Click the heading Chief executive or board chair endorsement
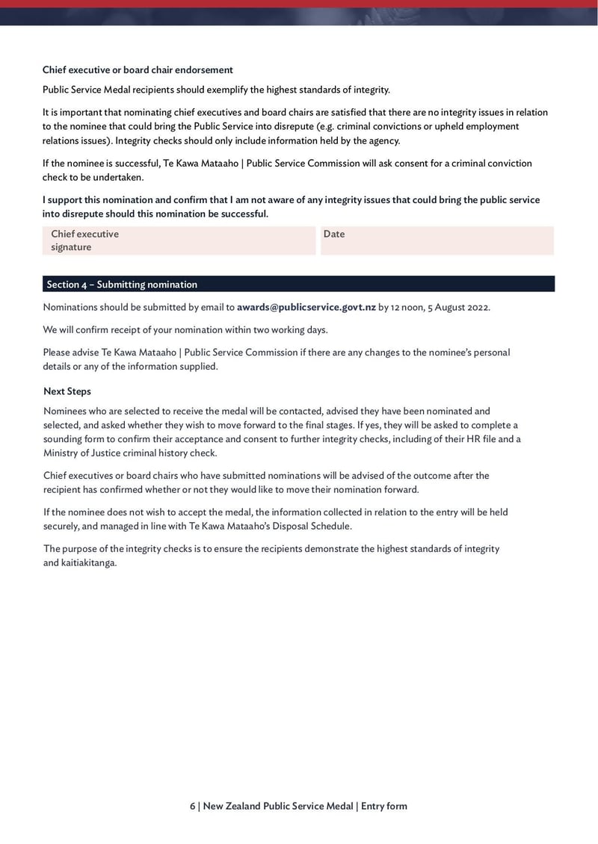coord(138,69)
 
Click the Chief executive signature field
coord(179,241)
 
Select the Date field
coord(437,241)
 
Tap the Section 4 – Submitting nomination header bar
coord(298,284)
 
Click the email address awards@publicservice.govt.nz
coord(306,307)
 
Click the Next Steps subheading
coord(67,391)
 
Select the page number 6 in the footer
coord(192,806)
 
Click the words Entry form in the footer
coord(384,806)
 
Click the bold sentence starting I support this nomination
coord(291,207)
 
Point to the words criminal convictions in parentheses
coord(392,126)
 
